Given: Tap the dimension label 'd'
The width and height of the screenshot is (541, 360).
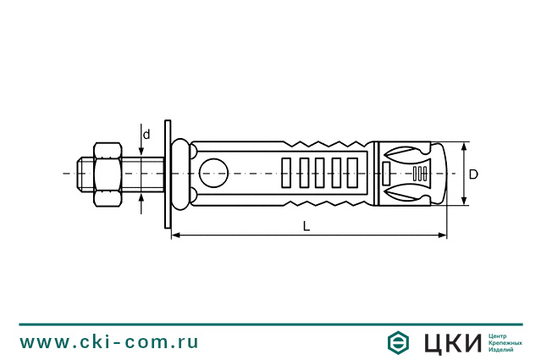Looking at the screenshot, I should [x=146, y=135].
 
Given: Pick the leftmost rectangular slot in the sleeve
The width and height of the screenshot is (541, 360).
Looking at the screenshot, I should [x=285, y=173].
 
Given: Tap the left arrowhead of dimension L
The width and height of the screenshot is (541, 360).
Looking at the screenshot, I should [x=176, y=235].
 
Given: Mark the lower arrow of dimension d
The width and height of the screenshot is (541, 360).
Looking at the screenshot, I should [x=141, y=197].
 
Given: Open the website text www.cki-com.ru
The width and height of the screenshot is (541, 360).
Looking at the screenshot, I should [x=110, y=342].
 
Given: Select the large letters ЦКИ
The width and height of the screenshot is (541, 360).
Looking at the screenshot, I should [x=450, y=342].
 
